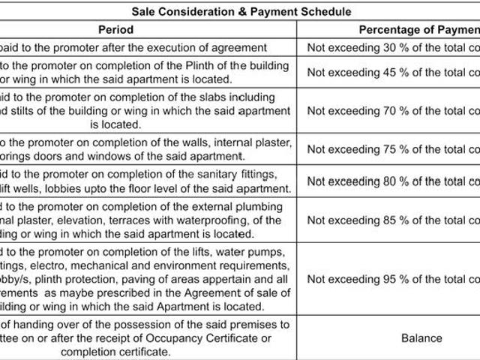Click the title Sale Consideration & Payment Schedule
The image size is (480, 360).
click(x=241, y=12)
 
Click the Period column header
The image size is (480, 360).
click(x=115, y=29)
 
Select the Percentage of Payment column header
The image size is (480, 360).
click(x=418, y=29)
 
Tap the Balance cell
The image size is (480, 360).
click(x=422, y=338)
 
